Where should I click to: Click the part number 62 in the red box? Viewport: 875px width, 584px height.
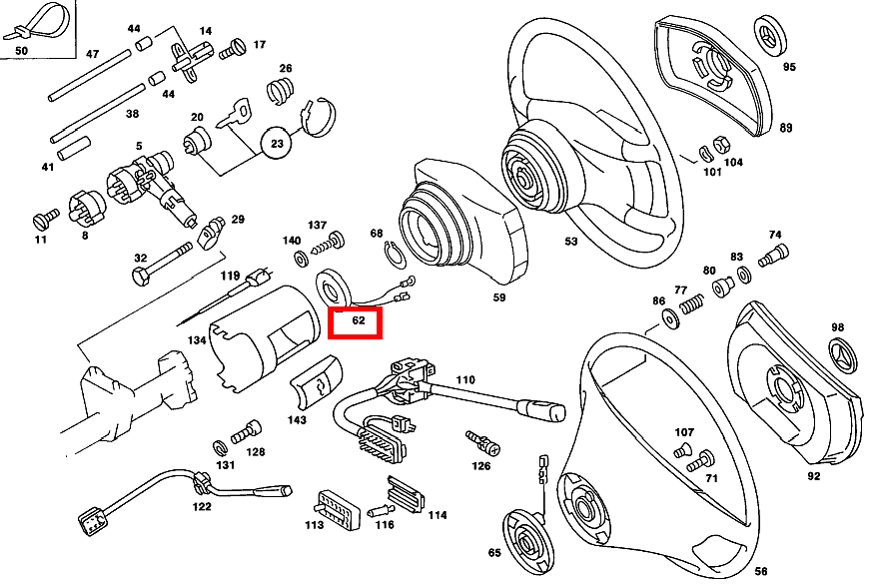[x=356, y=322]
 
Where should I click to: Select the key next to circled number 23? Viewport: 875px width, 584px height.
[x=237, y=112]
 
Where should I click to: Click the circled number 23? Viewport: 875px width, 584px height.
[x=278, y=144]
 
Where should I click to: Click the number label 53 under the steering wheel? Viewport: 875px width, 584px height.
[x=570, y=242]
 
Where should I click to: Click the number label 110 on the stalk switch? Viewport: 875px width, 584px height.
[x=465, y=380]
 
